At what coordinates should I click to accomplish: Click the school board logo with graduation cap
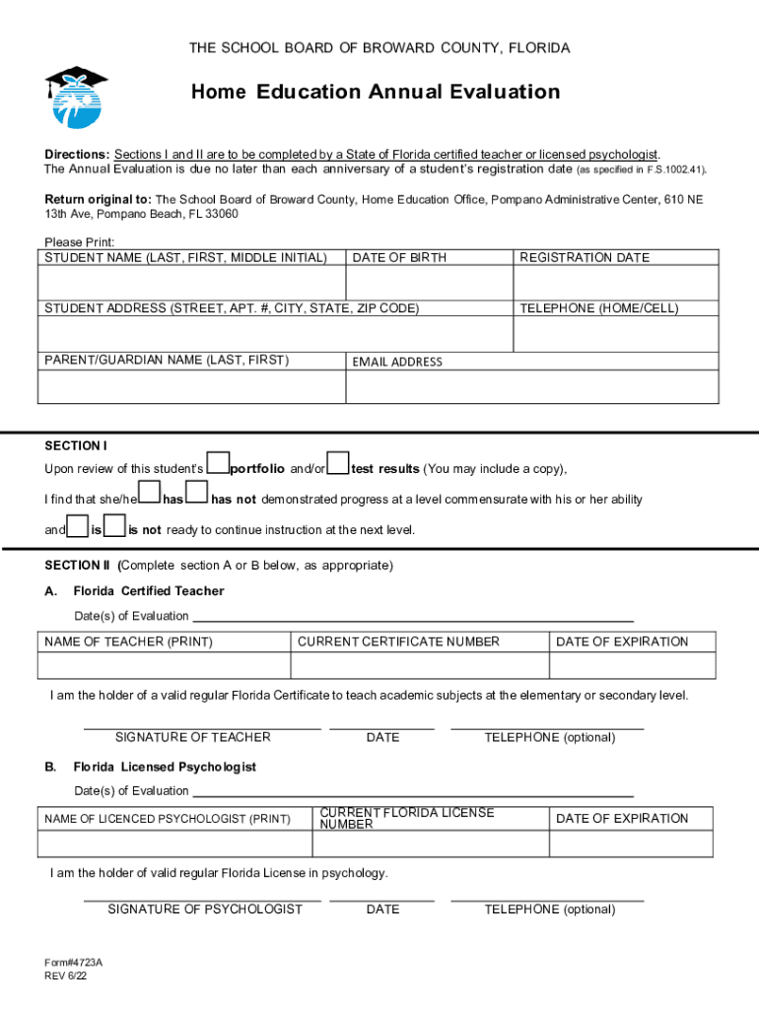(75, 97)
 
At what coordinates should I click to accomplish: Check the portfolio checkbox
(220, 462)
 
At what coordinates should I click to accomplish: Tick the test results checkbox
(338, 462)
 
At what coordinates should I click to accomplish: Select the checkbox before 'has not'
(197, 492)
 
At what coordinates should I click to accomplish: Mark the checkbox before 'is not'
(114, 524)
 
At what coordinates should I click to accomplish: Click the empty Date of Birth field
(429, 283)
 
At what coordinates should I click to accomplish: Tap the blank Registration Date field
(616, 283)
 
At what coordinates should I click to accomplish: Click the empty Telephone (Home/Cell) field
(616, 334)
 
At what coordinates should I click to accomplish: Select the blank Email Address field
(532, 386)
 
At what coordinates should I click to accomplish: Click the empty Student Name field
(191, 283)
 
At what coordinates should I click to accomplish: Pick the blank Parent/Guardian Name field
(191, 386)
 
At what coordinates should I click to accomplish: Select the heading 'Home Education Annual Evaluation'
(376, 93)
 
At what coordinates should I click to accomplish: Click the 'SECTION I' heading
(76, 445)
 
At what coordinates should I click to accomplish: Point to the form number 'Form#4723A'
(73, 962)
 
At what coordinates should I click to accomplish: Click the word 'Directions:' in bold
(77, 155)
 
